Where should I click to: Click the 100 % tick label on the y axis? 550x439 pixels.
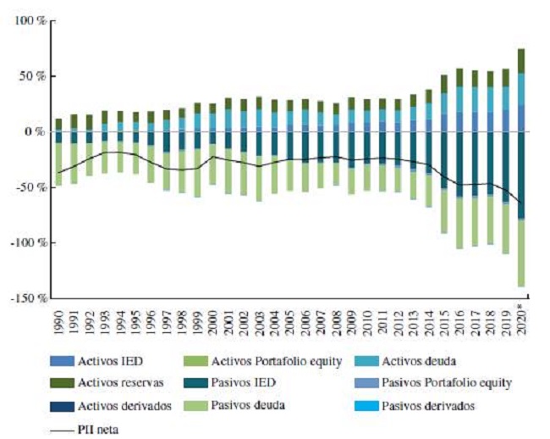(25, 20)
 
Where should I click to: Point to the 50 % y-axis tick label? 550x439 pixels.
(29, 76)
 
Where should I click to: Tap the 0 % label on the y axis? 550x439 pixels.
(32, 132)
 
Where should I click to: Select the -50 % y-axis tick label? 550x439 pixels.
(26, 187)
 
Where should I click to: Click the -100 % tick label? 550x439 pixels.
(24, 243)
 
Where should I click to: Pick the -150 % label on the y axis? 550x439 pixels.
(24, 299)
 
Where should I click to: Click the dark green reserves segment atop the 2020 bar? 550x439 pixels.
(521, 60)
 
